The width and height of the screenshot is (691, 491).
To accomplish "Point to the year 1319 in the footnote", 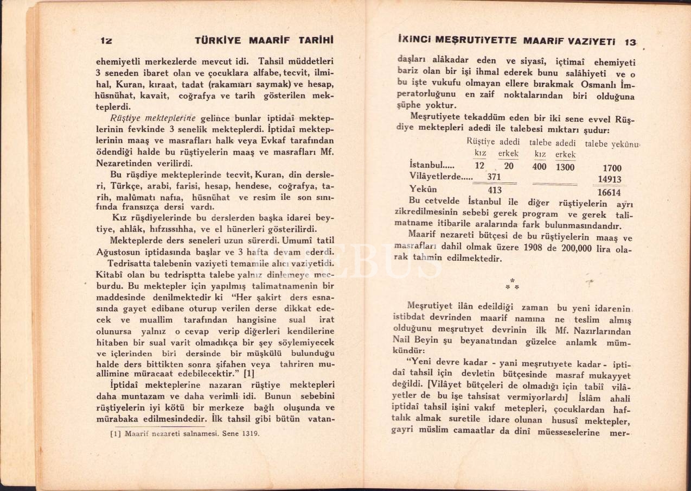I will [250, 433].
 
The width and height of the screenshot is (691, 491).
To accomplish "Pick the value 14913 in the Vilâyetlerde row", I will [609, 179].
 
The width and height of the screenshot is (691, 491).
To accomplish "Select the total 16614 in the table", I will [609, 192].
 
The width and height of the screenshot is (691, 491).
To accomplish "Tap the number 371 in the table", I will [494, 178].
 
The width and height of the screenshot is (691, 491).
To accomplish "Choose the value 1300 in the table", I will [565, 167].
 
